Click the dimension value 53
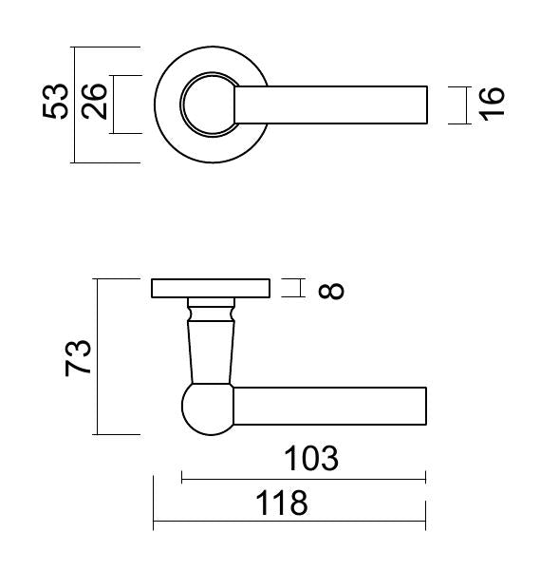pyautogui.click(x=55, y=101)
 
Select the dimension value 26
pyautogui.click(x=94, y=102)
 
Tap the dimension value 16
pyautogui.click(x=492, y=104)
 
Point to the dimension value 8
pyautogui.click(x=331, y=291)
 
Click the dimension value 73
pyautogui.click(x=78, y=357)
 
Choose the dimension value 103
pyautogui.click(x=311, y=459)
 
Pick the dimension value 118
pyautogui.click(x=282, y=503)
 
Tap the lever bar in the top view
pyautogui.click(x=331, y=105)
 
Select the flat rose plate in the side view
pyautogui.click(x=211, y=288)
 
